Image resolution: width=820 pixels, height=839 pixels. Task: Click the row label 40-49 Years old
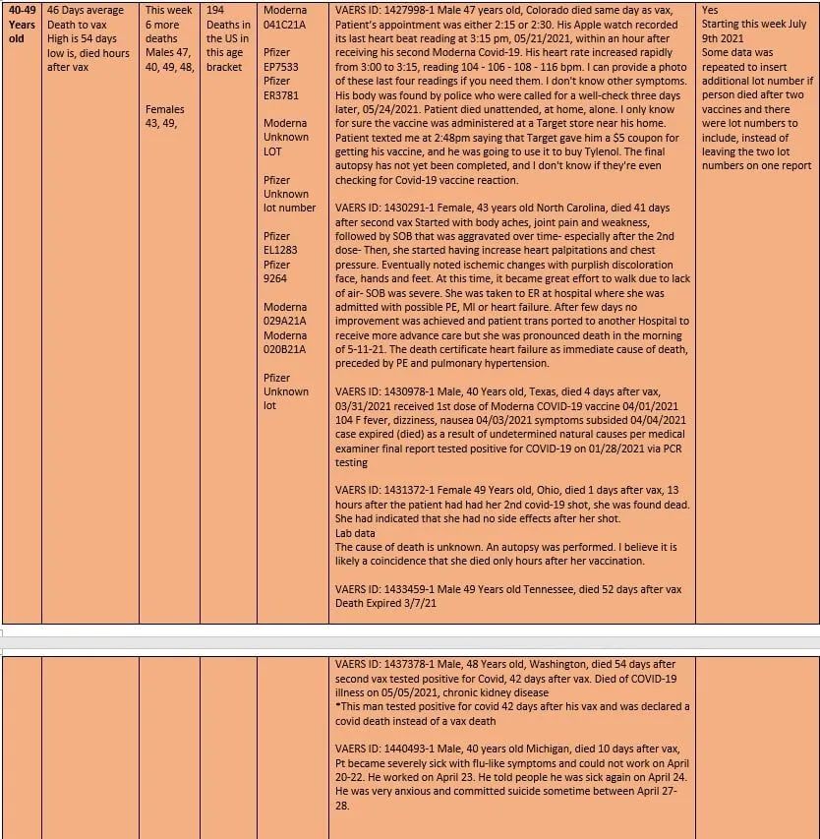click(21, 24)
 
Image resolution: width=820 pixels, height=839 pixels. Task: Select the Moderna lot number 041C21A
click(285, 24)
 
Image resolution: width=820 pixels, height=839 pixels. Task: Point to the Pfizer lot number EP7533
click(284, 67)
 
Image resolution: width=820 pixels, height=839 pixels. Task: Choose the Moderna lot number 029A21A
click(285, 321)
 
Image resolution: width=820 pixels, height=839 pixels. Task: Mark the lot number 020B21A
click(285, 349)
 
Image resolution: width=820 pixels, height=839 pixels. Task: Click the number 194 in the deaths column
click(216, 10)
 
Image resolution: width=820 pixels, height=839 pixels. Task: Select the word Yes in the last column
click(711, 10)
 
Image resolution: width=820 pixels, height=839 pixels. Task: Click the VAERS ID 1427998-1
click(408, 10)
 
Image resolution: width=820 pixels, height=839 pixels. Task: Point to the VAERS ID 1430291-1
click(408, 209)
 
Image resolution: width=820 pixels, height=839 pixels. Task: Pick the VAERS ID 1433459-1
click(408, 589)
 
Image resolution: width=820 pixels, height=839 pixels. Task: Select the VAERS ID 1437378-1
click(408, 665)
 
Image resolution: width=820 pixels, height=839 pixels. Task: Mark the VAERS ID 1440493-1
click(408, 749)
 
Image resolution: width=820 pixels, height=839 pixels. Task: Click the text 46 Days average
click(86, 10)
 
